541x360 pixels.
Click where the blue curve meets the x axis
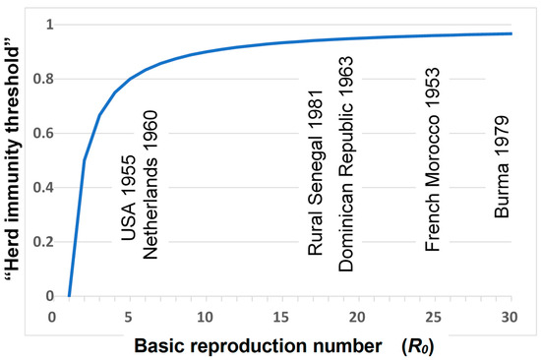tap(69, 295)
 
